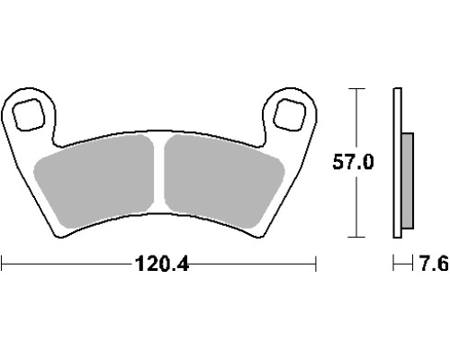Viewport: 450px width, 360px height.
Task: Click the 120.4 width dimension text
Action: [x=162, y=264]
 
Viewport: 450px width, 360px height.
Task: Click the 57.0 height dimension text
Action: [x=354, y=162]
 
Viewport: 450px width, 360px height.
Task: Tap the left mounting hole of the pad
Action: [x=29, y=114]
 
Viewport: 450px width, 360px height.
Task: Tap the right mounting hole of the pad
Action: [x=290, y=114]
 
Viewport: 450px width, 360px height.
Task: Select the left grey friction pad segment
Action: [x=94, y=181]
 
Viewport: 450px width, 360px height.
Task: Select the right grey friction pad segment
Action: [x=224, y=181]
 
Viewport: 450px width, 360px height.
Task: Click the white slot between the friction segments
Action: [x=159, y=174]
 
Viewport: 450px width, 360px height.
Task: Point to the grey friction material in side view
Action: [x=408, y=181]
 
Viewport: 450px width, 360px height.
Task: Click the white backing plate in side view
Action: [x=397, y=163]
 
